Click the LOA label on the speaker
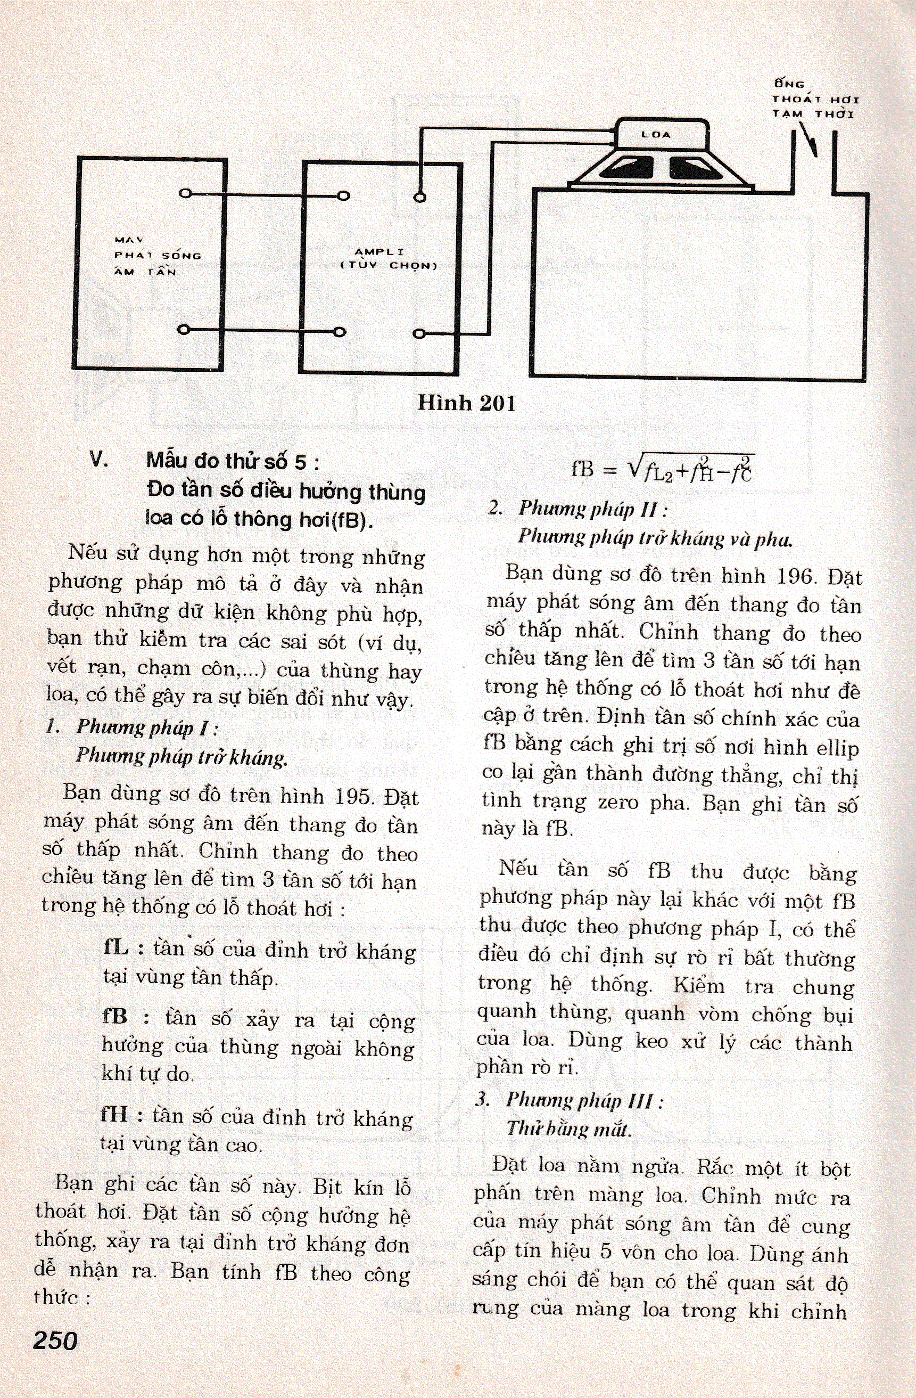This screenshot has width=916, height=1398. [x=656, y=135]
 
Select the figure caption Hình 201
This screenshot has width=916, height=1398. [x=466, y=403]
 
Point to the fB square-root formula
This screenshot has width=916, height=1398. [x=662, y=468]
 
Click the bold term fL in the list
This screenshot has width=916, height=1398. [x=115, y=949]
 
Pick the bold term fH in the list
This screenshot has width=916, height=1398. [x=114, y=1114]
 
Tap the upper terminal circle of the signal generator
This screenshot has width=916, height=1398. [x=185, y=193]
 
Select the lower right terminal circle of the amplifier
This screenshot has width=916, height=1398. [x=419, y=334]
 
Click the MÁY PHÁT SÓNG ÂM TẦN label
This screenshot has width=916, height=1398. [x=158, y=256]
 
